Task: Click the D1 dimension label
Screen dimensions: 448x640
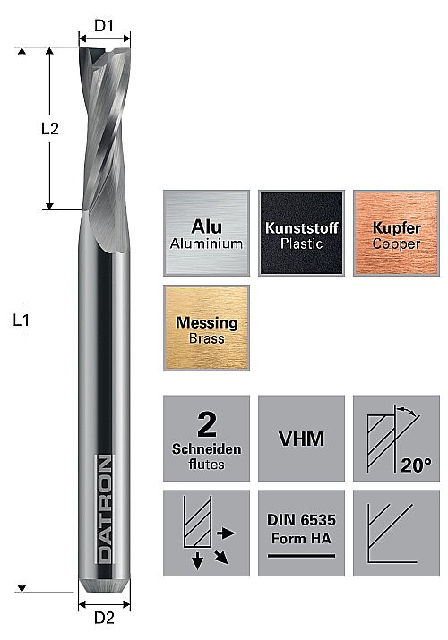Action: pos(104,26)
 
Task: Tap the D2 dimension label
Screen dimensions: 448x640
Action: pos(104,618)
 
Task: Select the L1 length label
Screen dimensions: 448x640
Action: pos(21,320)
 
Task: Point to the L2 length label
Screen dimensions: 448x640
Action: pos(50,129)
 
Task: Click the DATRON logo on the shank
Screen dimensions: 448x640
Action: pos(105,509)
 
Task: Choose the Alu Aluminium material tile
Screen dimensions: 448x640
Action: pos(207,233)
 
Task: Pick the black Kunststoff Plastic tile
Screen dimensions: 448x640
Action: pos(301,233)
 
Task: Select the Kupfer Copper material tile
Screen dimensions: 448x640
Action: pos(396,233)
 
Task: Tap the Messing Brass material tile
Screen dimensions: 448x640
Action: pos(207,329)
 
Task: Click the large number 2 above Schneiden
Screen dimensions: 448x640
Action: pos(207,425)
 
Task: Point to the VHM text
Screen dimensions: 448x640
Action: pos(301,439)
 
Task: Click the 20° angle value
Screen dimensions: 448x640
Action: pos(416,465)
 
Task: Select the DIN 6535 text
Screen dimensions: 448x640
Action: pos(301,520)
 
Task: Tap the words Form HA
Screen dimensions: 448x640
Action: pos(301,538)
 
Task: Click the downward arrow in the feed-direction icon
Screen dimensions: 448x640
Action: pos(198,561)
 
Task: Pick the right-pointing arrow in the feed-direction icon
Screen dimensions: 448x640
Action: pos(226,533)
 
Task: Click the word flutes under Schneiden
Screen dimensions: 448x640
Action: pos(206,464)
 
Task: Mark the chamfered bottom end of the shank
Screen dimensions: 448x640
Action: pos(104,586)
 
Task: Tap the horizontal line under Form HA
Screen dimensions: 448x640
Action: pos(301,556)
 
